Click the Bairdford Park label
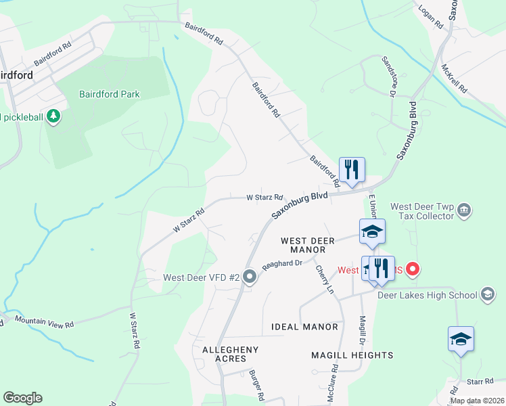[x=109, y=94]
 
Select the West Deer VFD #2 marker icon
[x=250, y=276]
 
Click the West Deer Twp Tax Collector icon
[x=464, y=210]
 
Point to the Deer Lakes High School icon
[x=488, y=294]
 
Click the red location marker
[x=412, y=270]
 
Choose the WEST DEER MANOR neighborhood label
[x=308, y=245]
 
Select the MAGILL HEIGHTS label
[x=352, y=355]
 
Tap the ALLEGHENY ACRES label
[x=230, y=354]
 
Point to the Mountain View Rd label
[x=44, y=322]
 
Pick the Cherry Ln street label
[x=325, y=279]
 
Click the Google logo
[x=22, y=398]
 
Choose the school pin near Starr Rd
[x=461, y=339]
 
